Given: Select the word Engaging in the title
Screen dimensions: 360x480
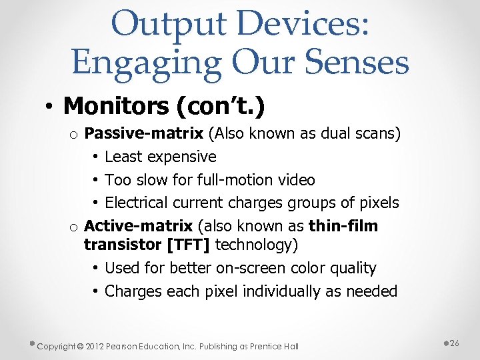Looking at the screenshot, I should pos(146,63).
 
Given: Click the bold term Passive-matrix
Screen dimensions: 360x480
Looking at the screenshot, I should pos(144,134).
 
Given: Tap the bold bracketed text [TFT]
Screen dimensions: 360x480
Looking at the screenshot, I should pos(189,245).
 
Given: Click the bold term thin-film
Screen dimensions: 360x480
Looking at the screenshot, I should pos(345,226).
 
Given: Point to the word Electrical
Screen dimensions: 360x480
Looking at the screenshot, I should pos(137,203).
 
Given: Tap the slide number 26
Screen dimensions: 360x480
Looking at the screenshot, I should pos(455,343).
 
